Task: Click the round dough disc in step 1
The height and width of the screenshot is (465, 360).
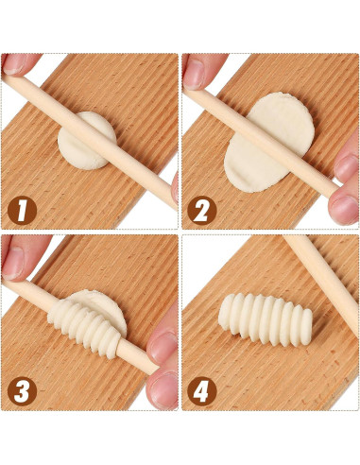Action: point(88,140)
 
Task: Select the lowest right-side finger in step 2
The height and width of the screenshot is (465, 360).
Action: point(345,203)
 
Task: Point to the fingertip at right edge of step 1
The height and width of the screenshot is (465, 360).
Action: point(174,184)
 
